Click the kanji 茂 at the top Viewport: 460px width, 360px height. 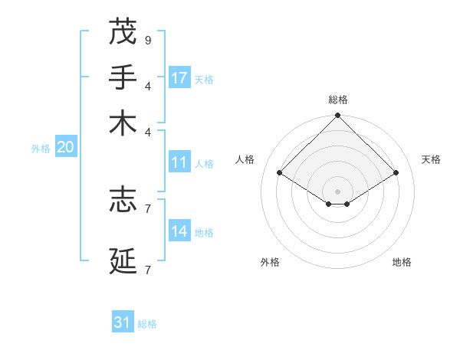coord(123,32)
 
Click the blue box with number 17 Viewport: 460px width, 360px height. coord(179,77)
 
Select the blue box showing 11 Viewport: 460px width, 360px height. coord(179,162)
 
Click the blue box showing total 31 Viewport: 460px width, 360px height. coord(123,322)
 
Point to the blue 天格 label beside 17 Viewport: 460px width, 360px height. coord(204,79)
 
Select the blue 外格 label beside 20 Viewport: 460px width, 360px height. coord(41,149)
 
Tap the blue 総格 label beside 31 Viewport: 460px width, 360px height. coord(147,324)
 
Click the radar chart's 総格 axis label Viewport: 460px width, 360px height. coord(338,100)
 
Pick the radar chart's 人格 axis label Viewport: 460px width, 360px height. coord(245,159)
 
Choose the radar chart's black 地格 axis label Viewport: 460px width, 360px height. coord(402,262)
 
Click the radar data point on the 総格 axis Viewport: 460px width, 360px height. coord(338,116)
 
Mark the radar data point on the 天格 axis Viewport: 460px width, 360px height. coord(396,173)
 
